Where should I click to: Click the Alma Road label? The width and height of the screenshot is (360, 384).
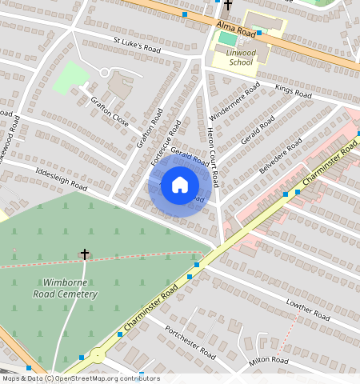[236, 30]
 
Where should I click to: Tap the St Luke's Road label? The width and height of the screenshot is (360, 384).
[137, 46]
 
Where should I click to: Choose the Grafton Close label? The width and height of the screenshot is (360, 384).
[110, 110]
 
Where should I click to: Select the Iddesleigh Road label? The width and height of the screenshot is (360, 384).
[60, 178]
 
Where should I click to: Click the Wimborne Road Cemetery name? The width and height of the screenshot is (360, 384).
[70, 288]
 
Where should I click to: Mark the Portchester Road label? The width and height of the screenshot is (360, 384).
[190, 342]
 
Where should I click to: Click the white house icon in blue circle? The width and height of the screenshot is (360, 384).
[180, 186]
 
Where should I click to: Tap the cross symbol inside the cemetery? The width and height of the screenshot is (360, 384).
[84, 254]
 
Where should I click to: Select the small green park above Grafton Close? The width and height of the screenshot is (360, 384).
[71, 78]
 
